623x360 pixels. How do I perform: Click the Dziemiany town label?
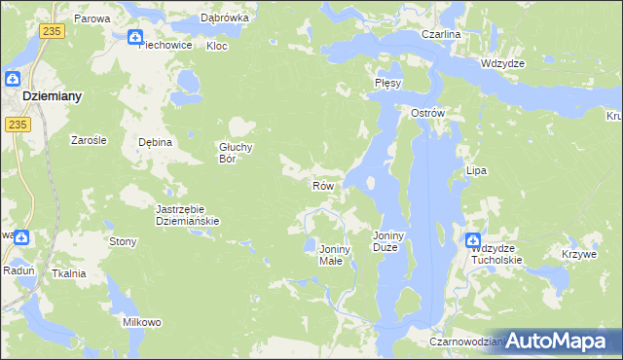[x=53, y=96]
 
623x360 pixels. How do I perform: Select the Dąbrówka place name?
[x=225, y=18]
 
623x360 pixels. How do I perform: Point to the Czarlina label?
[x=441, y=34]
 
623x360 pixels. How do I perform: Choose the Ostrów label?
[x=427, y=113]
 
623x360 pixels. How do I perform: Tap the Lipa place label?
[x=476, y=170]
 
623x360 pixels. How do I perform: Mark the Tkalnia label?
[x=69, y=273]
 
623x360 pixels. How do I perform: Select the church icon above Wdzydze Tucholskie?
[x=473, y=240]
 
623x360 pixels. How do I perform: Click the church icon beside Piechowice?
[x=135, y=37]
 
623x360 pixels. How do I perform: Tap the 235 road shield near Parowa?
[x=52, y=32]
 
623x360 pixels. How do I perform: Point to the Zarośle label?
[x=89, y=139]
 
